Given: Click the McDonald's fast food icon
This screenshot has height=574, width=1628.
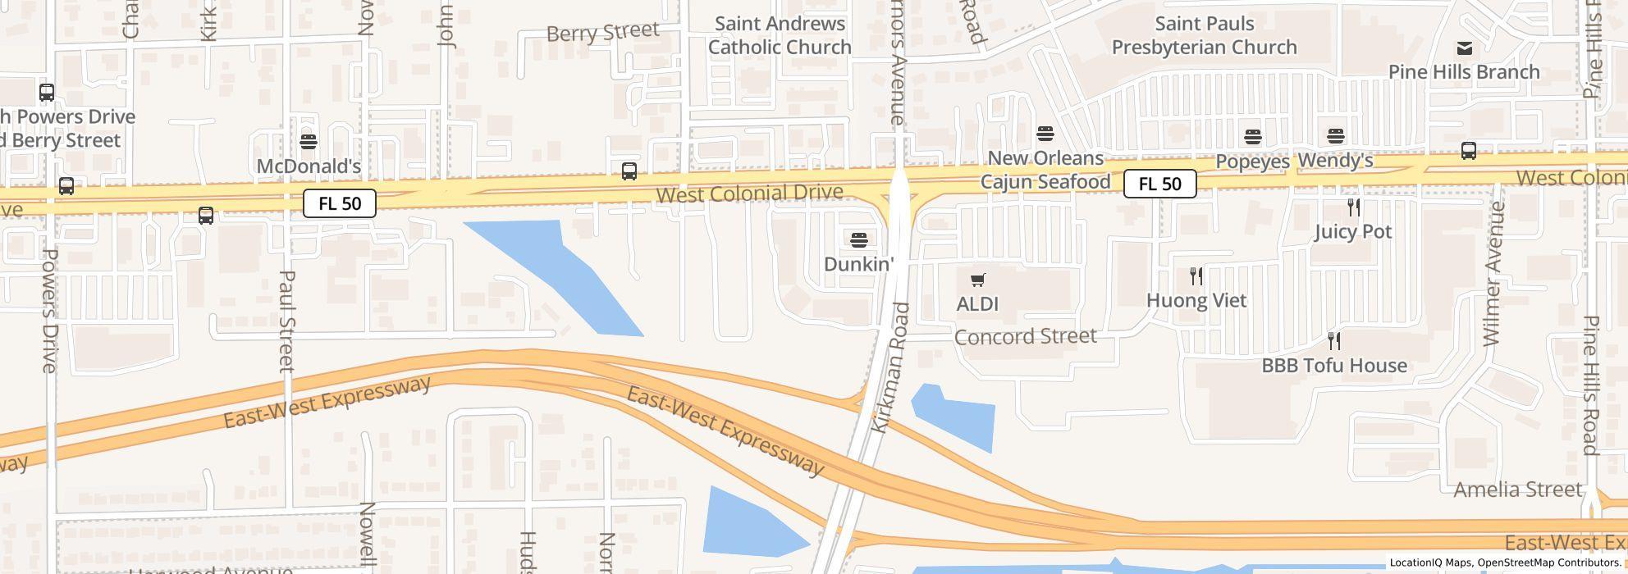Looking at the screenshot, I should point(309,142).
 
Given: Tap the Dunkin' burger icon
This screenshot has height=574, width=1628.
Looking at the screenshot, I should point(859,239).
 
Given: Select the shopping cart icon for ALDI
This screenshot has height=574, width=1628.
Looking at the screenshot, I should point(977,280).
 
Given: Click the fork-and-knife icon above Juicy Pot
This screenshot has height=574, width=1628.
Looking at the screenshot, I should point(1354,207).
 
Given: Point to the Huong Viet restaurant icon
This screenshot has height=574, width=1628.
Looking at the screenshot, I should point(1196,276).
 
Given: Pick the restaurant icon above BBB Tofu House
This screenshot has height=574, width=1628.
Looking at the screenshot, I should point(1334,340).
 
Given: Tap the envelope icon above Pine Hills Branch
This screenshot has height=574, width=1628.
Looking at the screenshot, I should point(1464,48).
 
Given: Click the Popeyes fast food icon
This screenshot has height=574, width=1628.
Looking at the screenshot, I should point(1253,136).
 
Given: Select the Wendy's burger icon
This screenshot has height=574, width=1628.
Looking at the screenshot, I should point(1336,136).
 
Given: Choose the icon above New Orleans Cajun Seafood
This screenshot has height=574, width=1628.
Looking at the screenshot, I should point(1045,133).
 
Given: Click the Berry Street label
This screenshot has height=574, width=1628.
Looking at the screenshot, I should point(603,32).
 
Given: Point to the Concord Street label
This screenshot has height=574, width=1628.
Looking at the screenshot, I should point(1025,336).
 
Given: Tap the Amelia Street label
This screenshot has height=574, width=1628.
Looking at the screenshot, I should point(1517,490).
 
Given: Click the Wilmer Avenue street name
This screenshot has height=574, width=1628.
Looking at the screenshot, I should point(1493,273).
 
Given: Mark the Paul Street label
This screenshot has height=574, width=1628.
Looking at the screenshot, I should point(286,321).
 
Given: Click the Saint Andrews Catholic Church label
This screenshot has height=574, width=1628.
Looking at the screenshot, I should point(780,35).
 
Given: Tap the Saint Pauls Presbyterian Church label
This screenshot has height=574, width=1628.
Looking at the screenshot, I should point(1204,35).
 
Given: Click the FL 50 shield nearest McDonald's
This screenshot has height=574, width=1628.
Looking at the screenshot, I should point(340,203).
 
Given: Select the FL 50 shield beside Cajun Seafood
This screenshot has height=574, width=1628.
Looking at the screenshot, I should point(1159,184).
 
